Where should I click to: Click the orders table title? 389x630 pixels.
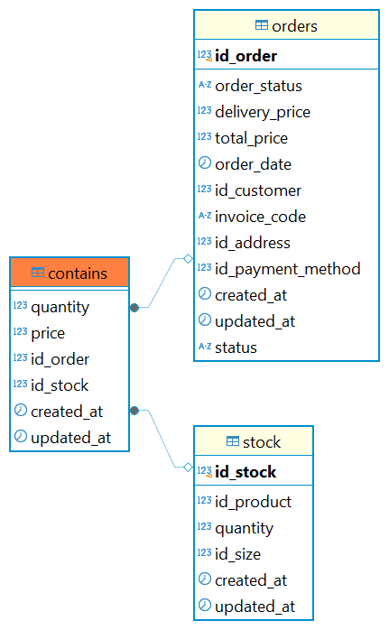point(294,26)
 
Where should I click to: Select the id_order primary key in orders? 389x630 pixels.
point(245,56)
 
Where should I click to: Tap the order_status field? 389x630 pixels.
point(258,86)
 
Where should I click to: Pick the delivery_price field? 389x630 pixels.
point(263,112)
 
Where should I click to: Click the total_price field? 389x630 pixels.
point(252,139)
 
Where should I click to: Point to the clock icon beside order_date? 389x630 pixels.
point(205,163)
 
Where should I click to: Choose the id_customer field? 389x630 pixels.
point(258,190)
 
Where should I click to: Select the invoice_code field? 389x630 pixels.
point(261,217)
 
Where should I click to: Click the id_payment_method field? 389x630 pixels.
point(288,269)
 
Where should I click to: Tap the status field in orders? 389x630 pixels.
point(236,347)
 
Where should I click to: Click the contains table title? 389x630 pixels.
point(78,273)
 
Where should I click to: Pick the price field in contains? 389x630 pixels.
point(48,333)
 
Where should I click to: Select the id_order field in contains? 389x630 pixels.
point(60,359)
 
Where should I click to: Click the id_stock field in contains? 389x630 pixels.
point(60,385)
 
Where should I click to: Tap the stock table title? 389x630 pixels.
point(262,442)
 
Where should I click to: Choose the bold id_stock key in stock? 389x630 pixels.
point(245,472)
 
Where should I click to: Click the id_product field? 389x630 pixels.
point(254,502)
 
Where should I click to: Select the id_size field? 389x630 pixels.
point(238,554)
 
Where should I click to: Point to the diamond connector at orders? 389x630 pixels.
point(188,259)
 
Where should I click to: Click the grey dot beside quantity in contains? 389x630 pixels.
point(134,308)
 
